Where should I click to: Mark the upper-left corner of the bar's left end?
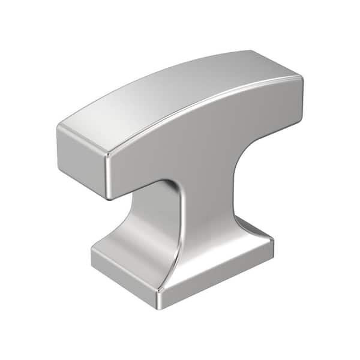60,127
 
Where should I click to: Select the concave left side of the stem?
157,228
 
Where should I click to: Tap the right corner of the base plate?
273,243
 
